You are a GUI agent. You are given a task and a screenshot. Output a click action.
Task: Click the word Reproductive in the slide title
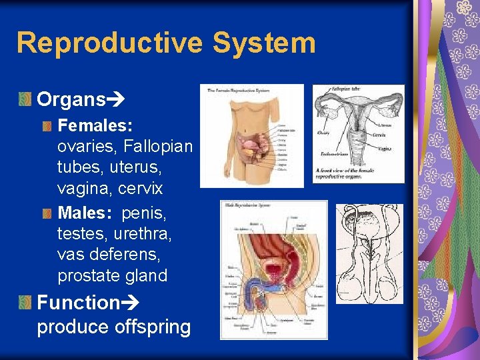tap(109, 43)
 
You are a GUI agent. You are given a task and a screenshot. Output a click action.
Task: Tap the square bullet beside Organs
tap(25, 100)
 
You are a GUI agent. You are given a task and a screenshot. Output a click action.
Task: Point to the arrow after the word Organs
tap(117, 100)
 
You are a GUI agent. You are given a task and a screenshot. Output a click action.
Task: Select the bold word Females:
tap(95, 125)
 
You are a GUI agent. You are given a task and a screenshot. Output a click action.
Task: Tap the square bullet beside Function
tap(25, 303)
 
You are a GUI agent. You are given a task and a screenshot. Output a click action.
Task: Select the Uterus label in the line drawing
tap(385, 125)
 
